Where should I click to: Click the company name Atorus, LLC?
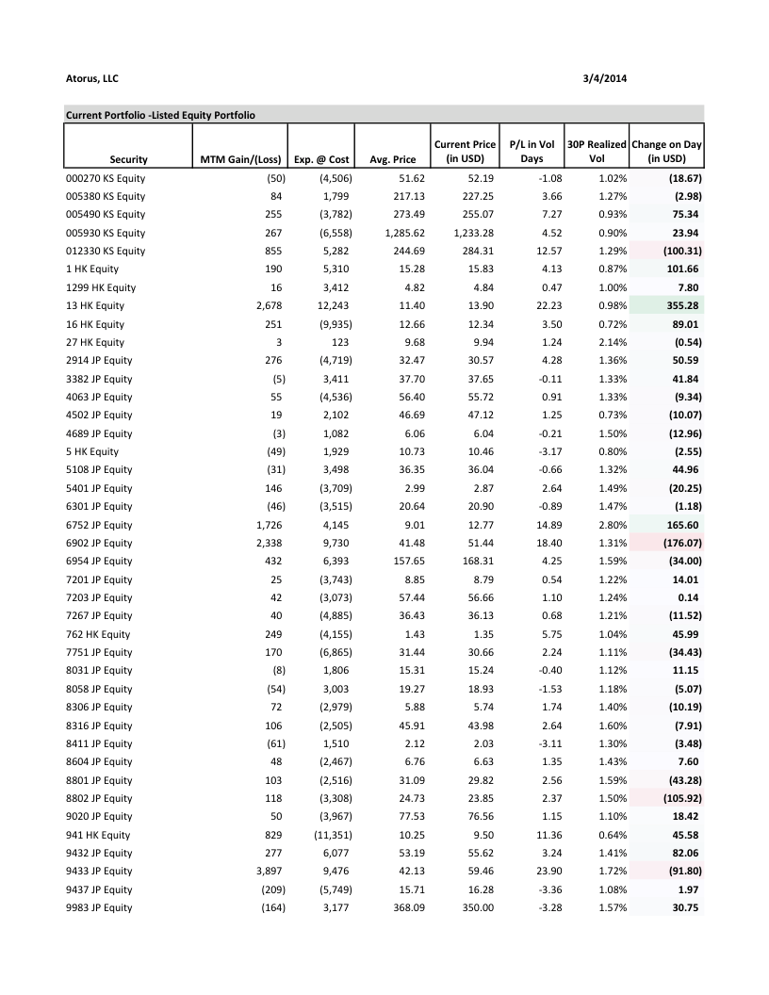coord(91,78)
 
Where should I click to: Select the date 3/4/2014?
coord(606,78)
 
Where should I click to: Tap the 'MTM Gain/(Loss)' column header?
coord(239,159)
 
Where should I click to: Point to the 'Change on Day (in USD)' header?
coord(666,151)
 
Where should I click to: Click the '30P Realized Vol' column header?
coord(597,151)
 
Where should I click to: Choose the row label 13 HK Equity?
coord(95,305)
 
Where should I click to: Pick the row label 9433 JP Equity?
coord(99,871)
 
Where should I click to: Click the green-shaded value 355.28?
coord(680,305)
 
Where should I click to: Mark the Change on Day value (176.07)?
coord(678,543)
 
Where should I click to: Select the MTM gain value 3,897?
coord(270,871)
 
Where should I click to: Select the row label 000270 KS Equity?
coord(105,178)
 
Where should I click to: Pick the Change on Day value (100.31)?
coord(678,251)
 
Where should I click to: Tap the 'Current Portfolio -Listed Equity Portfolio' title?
coord(161,114)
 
